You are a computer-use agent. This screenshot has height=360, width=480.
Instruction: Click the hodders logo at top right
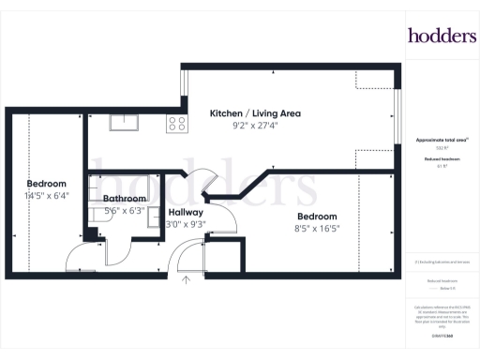[442, 35]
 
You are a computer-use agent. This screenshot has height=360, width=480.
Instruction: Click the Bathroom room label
[124, 199]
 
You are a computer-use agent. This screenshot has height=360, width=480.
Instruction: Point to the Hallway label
[186, 213]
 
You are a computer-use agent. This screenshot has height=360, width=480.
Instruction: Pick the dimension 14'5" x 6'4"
[46, 195]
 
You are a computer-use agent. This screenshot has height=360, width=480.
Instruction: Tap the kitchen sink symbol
[124, 121]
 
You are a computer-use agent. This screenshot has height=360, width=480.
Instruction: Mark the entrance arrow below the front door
[186, 277]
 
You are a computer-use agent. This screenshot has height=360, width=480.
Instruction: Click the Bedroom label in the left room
[46, 183]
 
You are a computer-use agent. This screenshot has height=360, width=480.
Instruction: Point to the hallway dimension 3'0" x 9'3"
[186, 225]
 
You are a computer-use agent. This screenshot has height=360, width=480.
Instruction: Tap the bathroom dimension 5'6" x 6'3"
[124, 211]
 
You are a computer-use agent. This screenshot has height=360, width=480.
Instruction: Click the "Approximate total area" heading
[441, 139]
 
